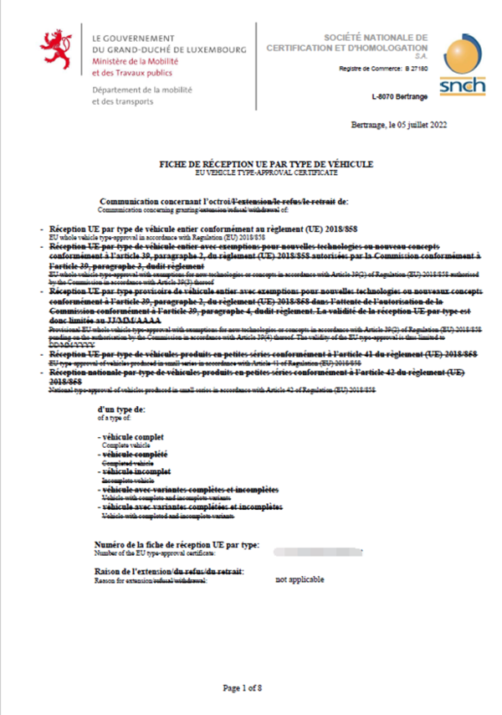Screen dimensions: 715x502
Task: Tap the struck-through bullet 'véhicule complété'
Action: (x=136, y=453)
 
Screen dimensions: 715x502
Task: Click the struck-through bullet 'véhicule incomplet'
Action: (x=136, y=471)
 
